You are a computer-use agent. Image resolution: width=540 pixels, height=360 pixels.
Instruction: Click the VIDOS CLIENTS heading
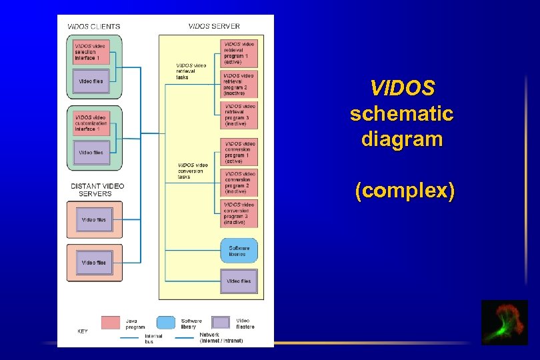click(x=94, y=27)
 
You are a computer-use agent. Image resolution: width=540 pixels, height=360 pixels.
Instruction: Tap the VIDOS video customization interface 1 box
click(x=91, y=123)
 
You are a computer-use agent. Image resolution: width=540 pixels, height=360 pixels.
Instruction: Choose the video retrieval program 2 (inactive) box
click(x=239, y=85)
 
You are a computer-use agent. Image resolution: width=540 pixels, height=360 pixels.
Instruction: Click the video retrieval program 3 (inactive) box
click(x=239, y=115)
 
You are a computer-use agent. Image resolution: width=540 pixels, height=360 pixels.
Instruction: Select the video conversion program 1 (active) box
click(x=239, y=153)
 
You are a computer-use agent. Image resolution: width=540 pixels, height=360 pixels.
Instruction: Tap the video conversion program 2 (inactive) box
click(x=239, y=183)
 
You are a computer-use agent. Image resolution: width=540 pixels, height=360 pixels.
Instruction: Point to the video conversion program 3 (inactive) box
click(x=239, y=213)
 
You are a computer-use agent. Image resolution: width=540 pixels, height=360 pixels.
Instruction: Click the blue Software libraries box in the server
click(x=239, y=251)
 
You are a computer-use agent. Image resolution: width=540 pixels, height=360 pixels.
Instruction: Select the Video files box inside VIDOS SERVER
click(x=239, y=281)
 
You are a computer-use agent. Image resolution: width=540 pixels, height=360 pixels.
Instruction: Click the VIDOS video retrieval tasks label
click(x=191, y=71)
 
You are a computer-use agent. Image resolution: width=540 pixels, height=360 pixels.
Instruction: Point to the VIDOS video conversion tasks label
click(x=193, y=171)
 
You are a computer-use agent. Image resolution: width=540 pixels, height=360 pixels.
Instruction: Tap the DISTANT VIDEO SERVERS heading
click(x=97, y=189)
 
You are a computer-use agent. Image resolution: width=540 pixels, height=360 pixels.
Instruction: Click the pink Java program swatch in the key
click(x=110, y=323)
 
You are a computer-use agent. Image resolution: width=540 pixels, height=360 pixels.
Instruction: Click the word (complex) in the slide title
click(x=405, y=191)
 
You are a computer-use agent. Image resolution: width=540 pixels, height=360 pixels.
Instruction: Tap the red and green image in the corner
click(x=504, y=323)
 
